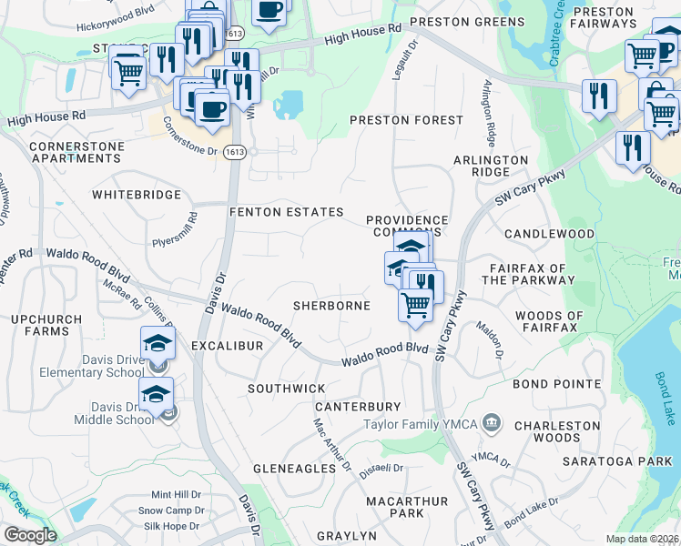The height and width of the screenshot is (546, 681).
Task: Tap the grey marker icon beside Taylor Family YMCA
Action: tap(492, 422)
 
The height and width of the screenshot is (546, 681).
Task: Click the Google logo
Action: tap(30, 535)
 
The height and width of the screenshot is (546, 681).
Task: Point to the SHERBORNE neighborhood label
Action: tap(331, 306)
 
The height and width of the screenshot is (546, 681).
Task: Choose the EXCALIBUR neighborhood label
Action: tap(227, 347)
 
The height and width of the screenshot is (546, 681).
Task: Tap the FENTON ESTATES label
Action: tap(286, 212)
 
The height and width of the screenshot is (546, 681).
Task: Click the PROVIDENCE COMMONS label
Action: tap(407, 227)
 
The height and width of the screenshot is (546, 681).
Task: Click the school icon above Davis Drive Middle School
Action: tap(157, 393)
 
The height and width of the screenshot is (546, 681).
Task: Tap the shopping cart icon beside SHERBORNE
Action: tap(416, 304)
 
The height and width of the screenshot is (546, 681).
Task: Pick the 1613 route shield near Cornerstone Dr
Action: tap(235, 153)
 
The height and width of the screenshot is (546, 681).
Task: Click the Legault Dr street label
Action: tap(402, 59)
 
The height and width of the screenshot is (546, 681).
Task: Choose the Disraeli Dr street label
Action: tap(382, 469)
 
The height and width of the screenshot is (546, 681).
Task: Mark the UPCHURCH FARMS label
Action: tap(40, 325)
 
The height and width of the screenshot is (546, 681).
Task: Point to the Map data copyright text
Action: tap(642, 539)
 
